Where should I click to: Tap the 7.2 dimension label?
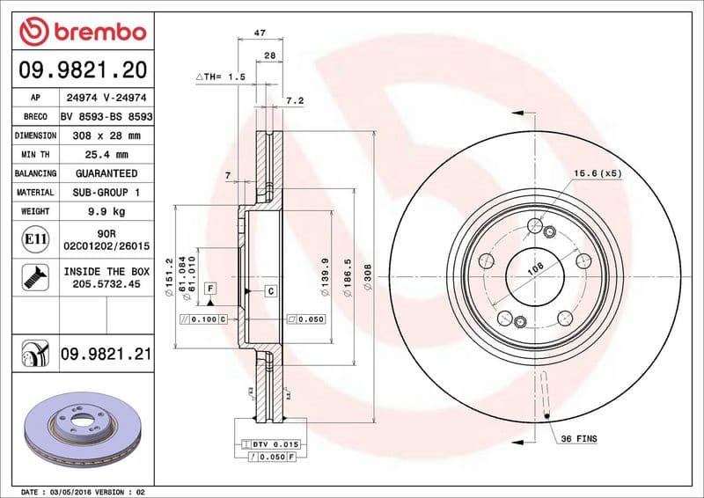tap(295, 101)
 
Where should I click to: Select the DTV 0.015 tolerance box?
tap(274, 445)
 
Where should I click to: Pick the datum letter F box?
tap(211, 288)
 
